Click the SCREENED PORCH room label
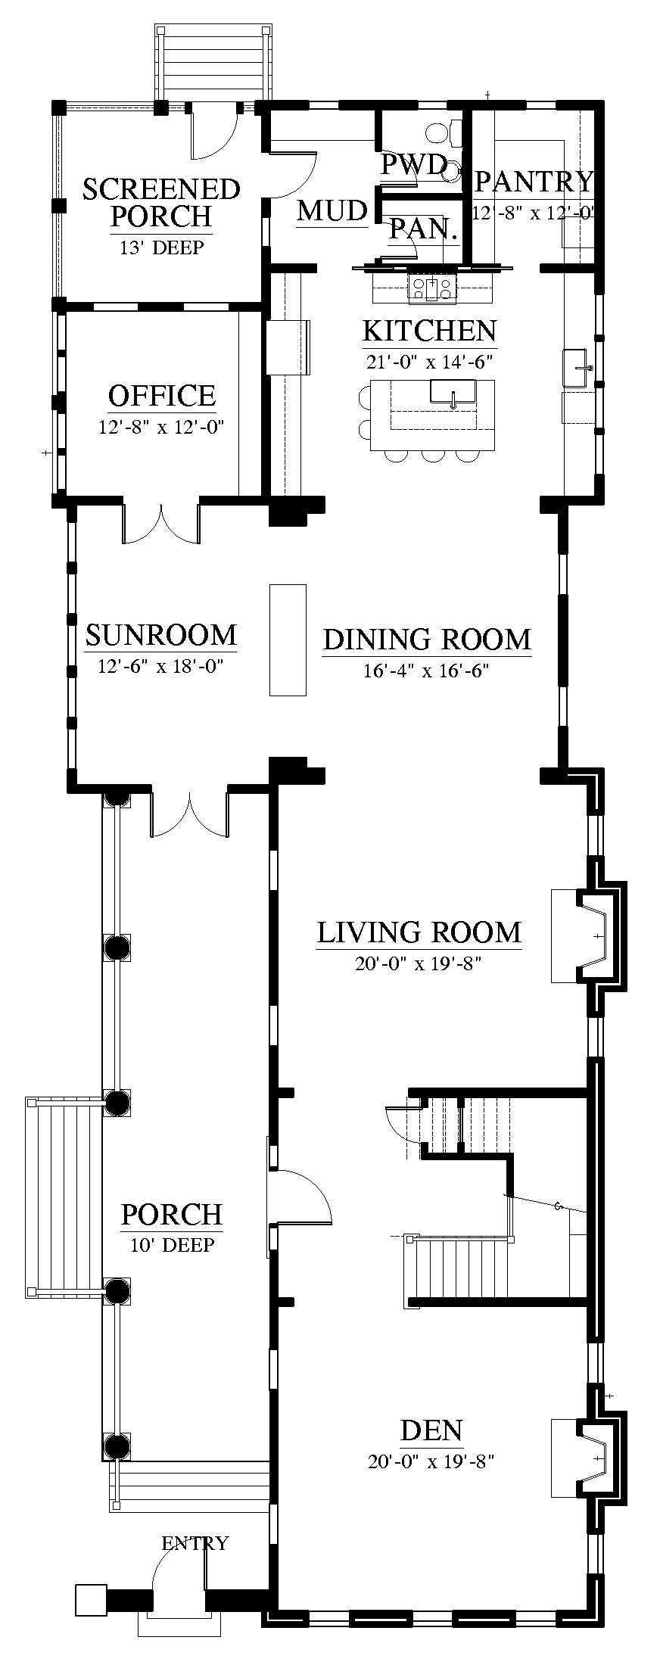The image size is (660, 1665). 161,203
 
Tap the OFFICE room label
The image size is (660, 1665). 162,396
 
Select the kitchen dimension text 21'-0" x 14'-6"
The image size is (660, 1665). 429,362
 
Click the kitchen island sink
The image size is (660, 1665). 452,392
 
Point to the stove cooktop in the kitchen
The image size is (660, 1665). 432,287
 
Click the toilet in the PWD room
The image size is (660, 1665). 444,133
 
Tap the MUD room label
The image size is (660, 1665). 332,210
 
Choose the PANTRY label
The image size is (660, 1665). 534,182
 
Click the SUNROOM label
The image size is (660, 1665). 160,634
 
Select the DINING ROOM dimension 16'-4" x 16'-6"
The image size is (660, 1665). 426,671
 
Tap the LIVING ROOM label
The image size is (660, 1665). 419,932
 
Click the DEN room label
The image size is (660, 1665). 431,1431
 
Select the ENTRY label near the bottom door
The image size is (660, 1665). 195,1542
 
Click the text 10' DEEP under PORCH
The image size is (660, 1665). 172,1245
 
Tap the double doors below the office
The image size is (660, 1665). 161,523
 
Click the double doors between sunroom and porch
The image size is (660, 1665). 189,814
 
